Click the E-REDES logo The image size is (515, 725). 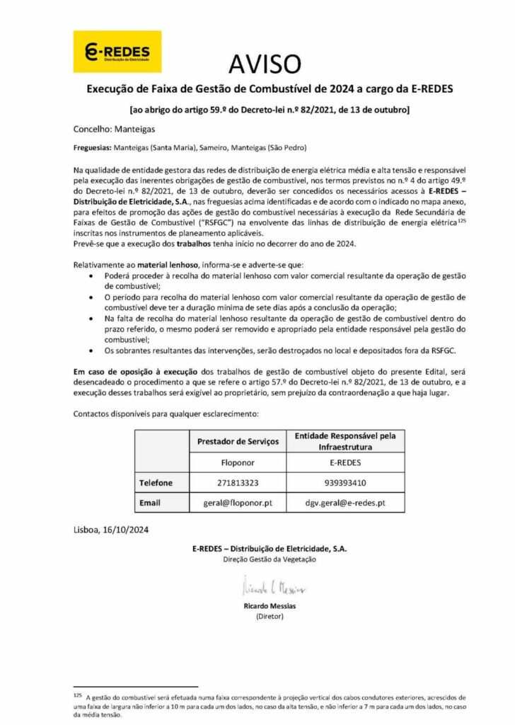point(117,52)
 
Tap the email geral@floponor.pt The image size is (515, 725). point(237,503)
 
